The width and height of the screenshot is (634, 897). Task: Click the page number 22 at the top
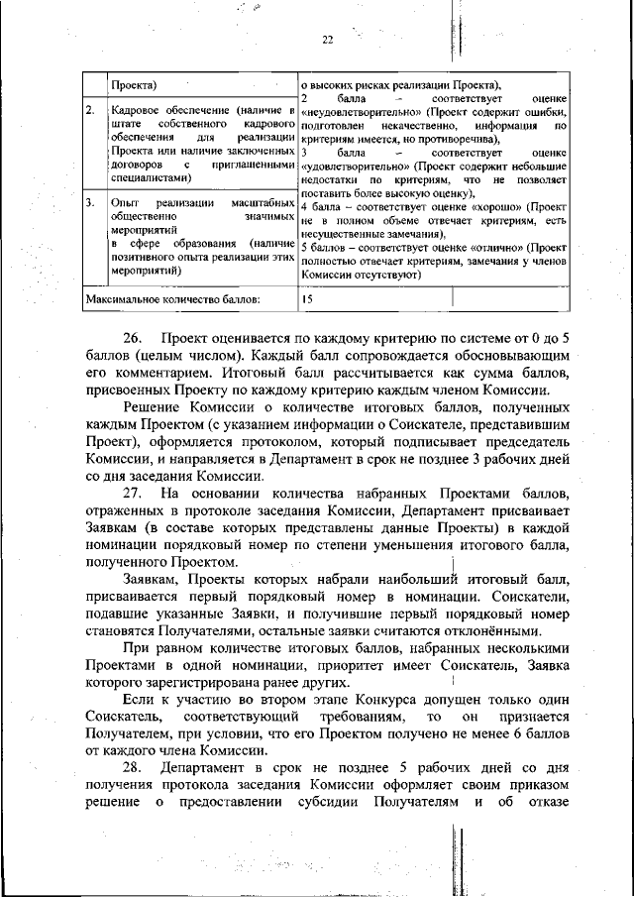click(328, 40)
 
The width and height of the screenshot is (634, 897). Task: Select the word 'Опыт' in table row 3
click(125, 202)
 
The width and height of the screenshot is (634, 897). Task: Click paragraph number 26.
click(135, 339)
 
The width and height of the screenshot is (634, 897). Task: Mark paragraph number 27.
click(135, 493)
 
